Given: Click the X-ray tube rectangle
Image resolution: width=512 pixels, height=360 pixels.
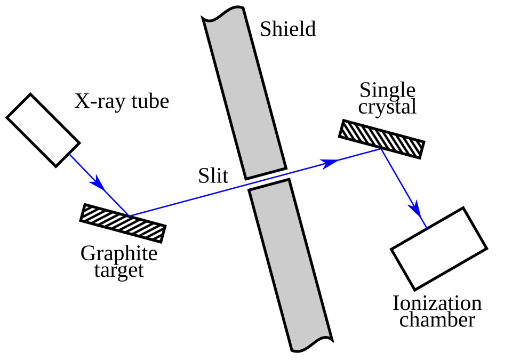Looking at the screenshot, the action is [43, 130].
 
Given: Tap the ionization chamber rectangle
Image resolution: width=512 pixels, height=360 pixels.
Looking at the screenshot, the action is [439, 249].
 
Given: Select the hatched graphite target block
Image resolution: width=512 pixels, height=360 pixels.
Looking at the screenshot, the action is [123, 223].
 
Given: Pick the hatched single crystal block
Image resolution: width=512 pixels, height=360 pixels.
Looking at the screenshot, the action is [382, 139].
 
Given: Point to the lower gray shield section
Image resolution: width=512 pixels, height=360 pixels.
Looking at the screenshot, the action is [291, 265].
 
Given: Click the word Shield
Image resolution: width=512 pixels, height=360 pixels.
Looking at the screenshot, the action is [287, 29].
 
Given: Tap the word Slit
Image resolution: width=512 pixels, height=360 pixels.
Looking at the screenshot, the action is [213, 175].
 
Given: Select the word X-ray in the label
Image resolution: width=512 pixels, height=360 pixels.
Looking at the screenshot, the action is [100, 101].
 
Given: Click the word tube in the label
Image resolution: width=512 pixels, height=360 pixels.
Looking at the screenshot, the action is [150, 101].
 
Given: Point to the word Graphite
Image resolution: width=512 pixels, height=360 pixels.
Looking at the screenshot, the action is [119, 253].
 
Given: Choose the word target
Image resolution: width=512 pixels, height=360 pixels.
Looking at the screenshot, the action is [119, 270].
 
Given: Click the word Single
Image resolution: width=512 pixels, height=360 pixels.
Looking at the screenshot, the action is [387, 90].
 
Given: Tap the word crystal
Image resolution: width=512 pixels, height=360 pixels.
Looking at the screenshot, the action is [387, 107].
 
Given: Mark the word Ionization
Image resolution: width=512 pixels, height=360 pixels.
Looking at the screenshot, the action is [437, 303].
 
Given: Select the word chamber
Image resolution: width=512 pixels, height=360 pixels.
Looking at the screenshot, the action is [437, 319].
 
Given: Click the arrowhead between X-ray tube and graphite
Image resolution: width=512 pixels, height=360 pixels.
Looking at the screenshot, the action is [98, 183].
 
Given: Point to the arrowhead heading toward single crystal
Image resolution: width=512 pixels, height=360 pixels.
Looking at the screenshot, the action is [329, 163].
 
